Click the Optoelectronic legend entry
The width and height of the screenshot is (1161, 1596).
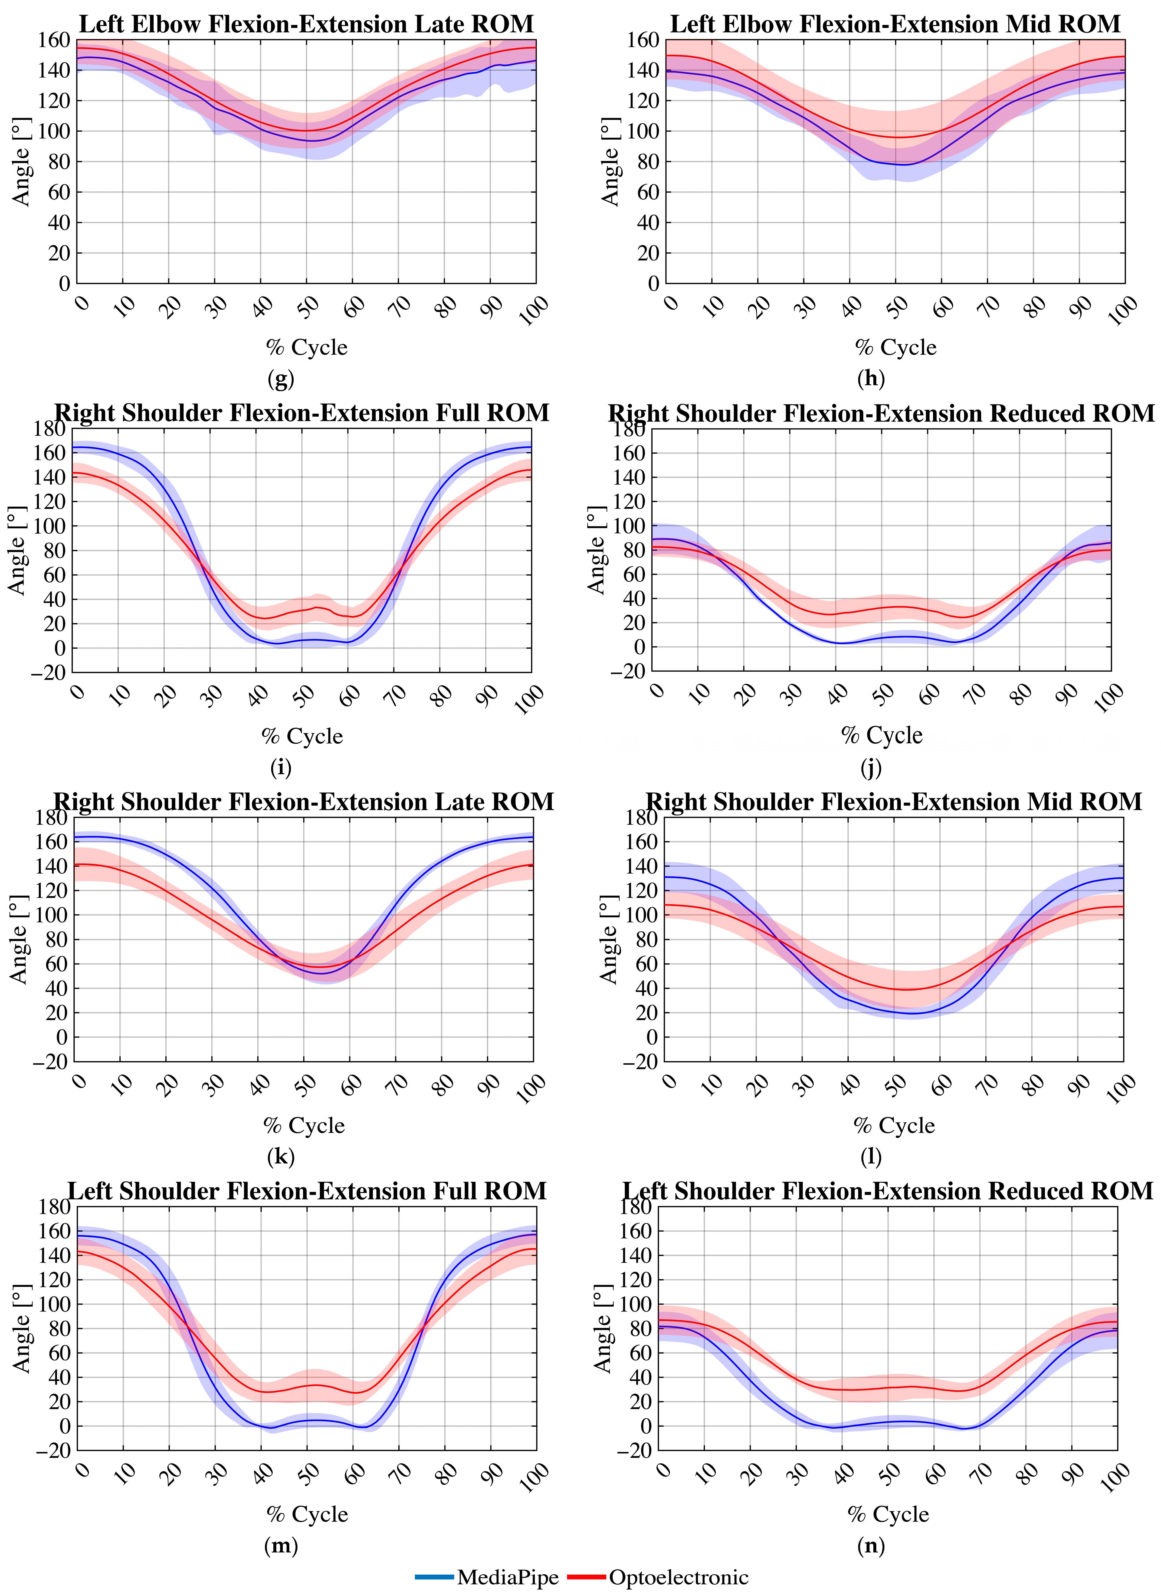click(658, 1577)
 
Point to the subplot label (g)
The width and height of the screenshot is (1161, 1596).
click(281, 379)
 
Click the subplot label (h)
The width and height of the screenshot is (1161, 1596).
click(871, 379)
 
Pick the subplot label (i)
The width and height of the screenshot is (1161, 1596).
click(281, 767)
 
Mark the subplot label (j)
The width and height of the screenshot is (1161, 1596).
click(871, 767)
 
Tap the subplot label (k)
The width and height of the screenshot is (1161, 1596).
click(281, 1156)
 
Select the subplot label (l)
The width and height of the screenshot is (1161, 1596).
click(871, 1156)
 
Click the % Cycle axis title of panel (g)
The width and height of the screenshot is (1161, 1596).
click(306, 347)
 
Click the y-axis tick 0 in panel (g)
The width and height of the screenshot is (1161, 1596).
click(64, 283)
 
